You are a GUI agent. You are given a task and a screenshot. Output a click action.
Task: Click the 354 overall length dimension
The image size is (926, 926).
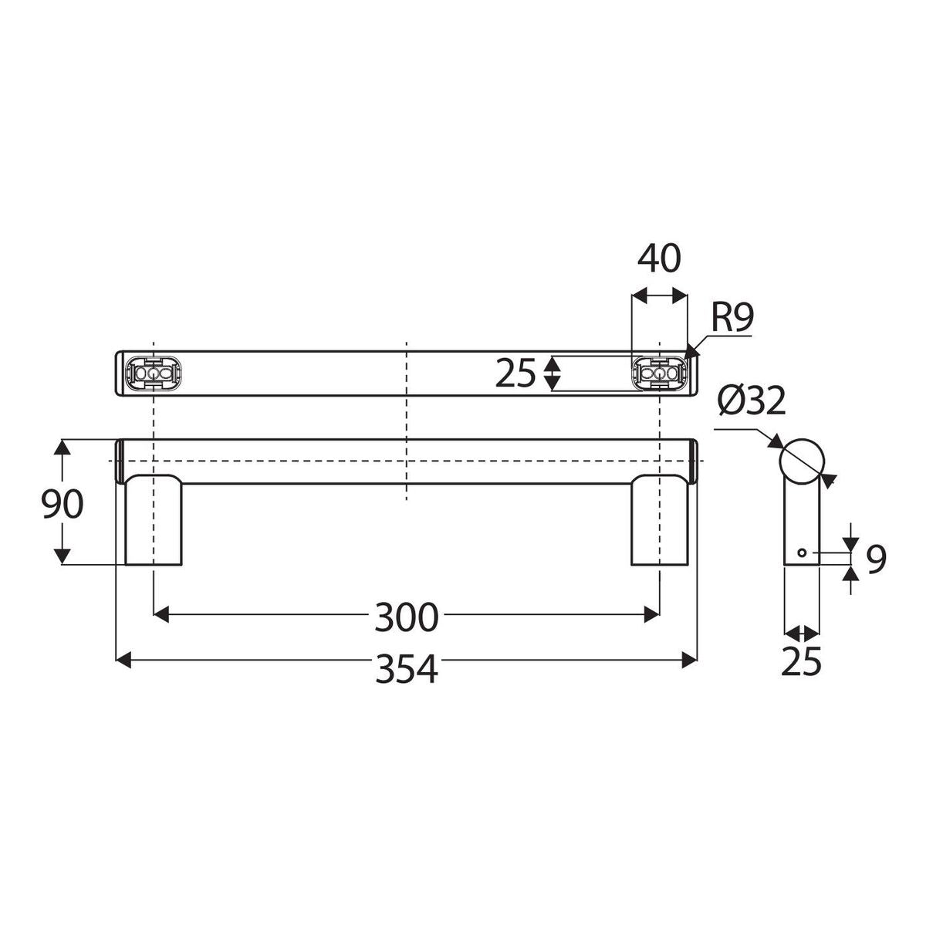tap(406, 669)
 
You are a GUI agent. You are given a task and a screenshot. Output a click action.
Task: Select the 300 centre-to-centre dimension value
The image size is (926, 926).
tap(406, 617)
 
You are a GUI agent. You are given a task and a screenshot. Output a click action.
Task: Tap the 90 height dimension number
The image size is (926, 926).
tap(62, 504)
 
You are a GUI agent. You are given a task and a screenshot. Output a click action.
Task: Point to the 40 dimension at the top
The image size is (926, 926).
tap(659, 259)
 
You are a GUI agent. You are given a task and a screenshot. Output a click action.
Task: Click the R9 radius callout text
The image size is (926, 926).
tap(732, 317)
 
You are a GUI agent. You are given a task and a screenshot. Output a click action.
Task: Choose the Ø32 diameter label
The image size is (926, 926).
tap(752, 400)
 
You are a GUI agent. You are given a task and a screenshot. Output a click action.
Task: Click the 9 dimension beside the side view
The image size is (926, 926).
tap(876, 559)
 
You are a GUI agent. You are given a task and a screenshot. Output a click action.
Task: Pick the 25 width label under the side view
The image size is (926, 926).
tap(801, 661)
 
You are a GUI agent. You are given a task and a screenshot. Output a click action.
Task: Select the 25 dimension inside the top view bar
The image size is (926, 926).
tap(515, 373)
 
